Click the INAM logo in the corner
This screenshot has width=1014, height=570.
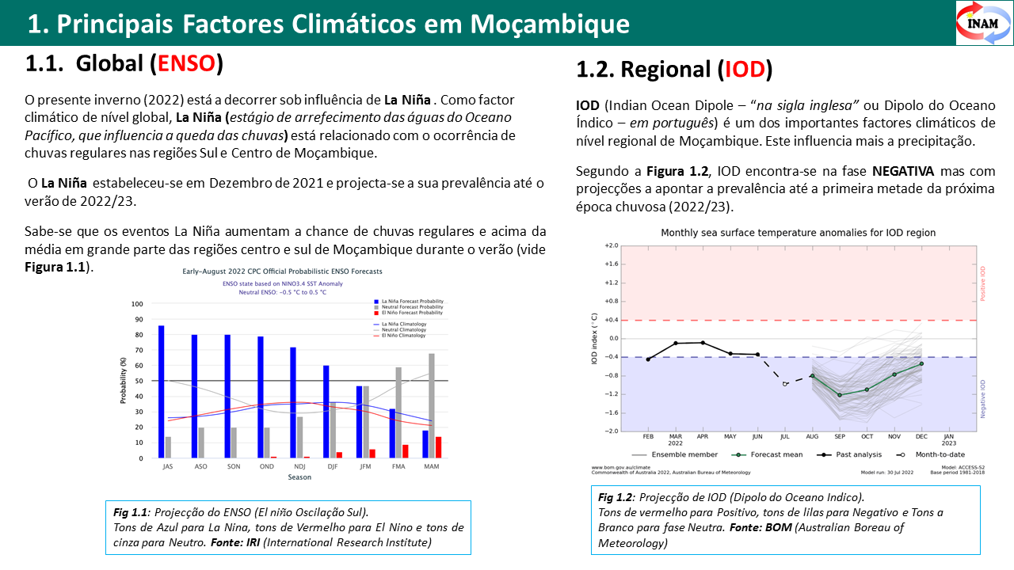983,22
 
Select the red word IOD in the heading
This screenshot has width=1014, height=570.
745,70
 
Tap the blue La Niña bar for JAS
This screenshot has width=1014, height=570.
162,391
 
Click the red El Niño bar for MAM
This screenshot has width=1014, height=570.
439,447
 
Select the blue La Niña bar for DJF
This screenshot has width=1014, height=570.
326,411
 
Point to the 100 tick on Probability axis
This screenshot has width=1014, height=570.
137,304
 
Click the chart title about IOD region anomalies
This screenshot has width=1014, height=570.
798,233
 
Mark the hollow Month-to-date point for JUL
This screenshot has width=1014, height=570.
785,384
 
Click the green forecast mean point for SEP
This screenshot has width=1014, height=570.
840,394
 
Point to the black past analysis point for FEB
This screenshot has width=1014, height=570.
648,359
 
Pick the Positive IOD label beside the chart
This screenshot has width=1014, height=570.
984,282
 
